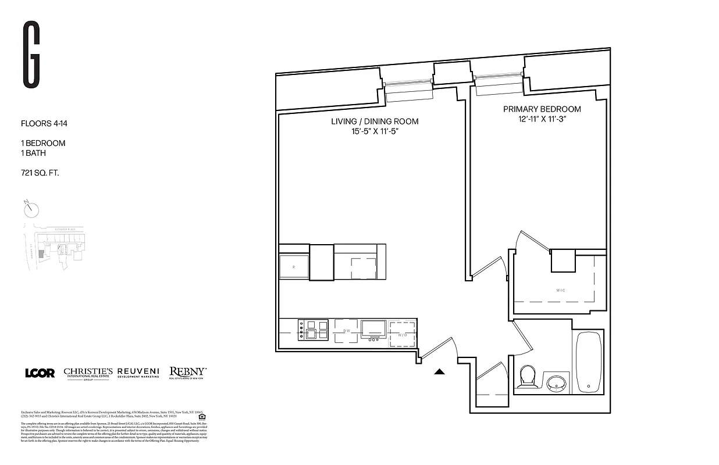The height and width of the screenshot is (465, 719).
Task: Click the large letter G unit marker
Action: tap(31, 55)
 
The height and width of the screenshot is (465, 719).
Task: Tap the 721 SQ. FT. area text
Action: tap(40, 173)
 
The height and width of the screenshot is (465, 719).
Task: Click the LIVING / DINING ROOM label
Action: tap(375, 121)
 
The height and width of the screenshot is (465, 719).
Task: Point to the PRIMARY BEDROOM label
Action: tap(542, 109)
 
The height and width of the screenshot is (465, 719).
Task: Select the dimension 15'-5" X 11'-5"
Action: tap(375, 132)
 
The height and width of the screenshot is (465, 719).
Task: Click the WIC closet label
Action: tap(560, 290)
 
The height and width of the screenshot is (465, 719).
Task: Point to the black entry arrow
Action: tap(440, 372)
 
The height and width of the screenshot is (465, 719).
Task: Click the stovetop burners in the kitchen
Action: tap(314, 329)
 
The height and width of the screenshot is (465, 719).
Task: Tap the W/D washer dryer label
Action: tap(403, 335)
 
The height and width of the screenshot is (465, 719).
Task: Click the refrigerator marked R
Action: tap(294, 268)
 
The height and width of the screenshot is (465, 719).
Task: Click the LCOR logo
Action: tap(40, 373)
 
